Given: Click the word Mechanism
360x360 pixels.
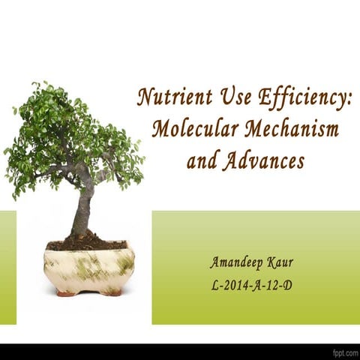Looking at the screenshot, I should coord(292,129).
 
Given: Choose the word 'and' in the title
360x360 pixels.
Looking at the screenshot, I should coord(200,160).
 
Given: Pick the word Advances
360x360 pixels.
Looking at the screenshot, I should coord(263,160).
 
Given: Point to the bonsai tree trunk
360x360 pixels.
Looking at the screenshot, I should coord(81,214).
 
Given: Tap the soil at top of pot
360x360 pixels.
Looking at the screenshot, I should coord(86,244).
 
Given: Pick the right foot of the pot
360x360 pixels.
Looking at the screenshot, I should coord(112,292).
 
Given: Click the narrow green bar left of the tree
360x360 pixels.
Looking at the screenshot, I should coord(7,267).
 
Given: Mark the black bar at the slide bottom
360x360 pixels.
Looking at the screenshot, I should coord(180,351).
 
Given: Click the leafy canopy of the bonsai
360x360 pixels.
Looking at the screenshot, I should coord(71,135).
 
